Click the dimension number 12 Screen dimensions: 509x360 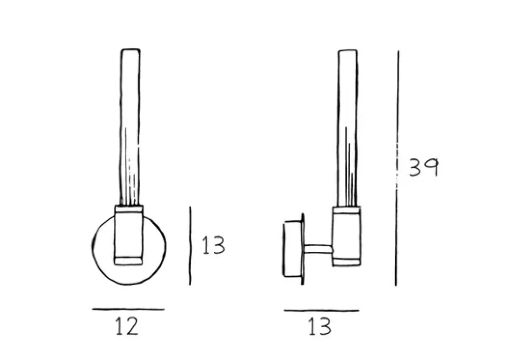coord(127,327)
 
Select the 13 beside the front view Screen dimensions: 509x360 coord(213,245)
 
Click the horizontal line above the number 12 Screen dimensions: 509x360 coord(128,309)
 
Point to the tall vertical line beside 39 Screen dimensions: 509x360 coord(397,168)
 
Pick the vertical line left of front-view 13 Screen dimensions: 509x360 coord(190,246)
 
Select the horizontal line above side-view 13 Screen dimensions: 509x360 coord(322,310)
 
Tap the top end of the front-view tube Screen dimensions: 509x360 coord(130,49)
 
